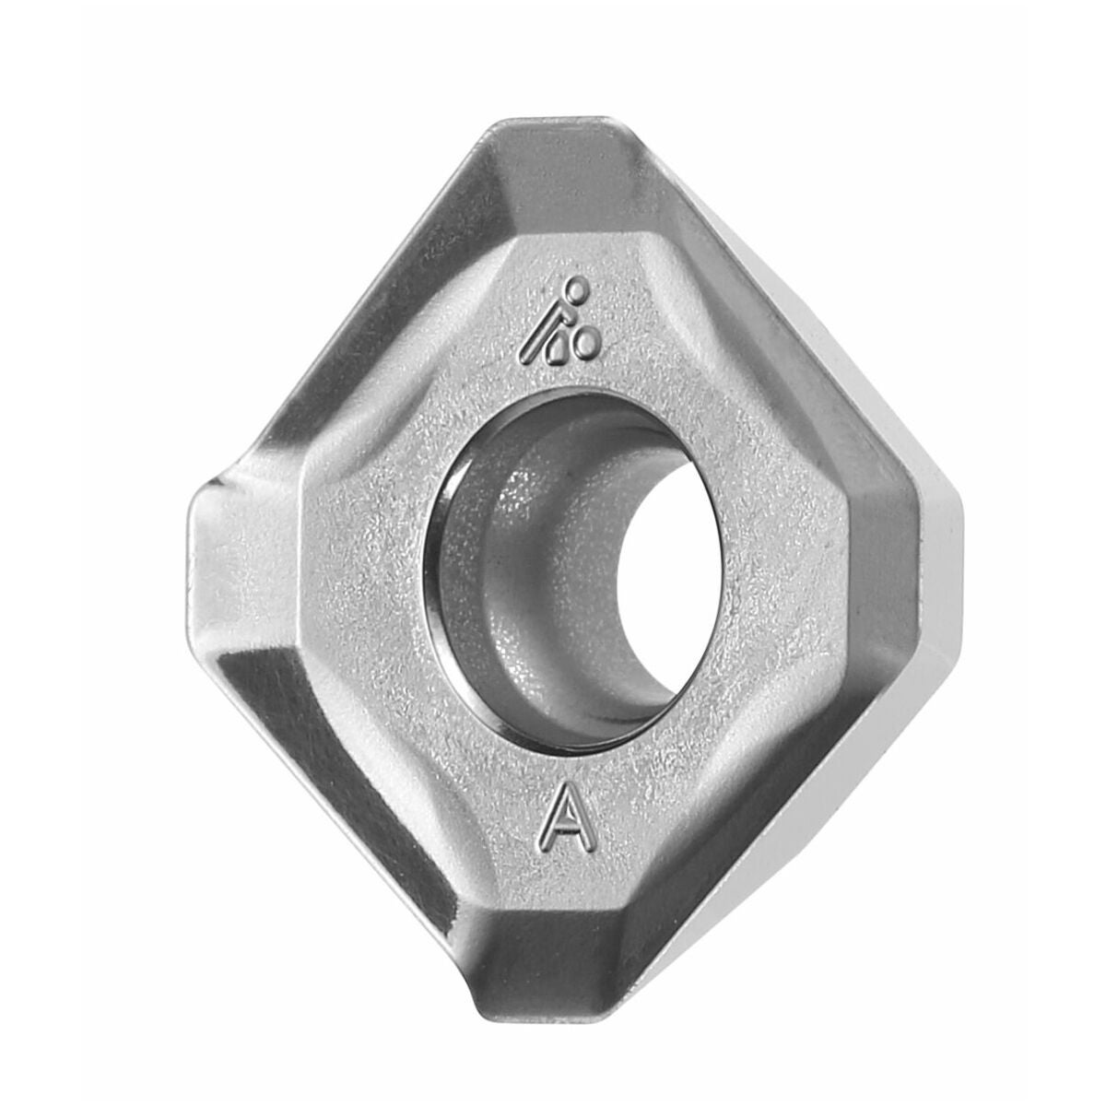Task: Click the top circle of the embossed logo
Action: point(578,285)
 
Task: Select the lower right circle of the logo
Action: point(587,340)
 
